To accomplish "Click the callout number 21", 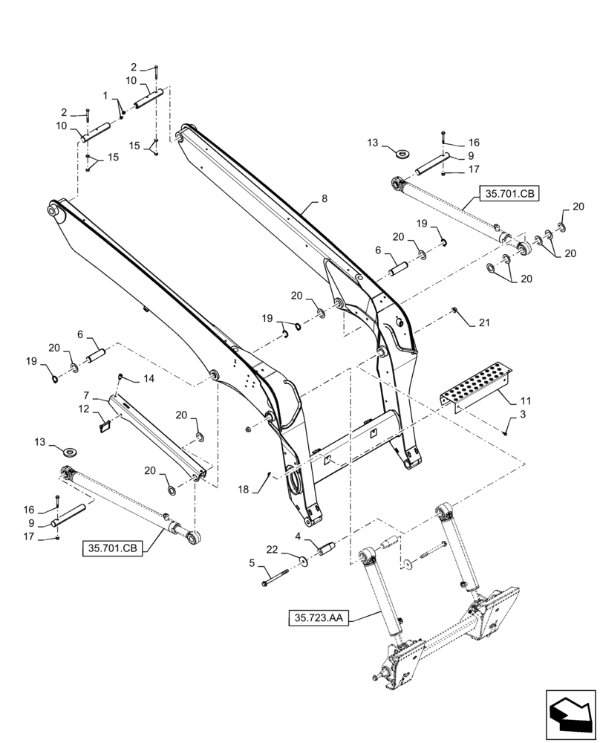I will (x=485, y=322).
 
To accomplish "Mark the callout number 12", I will (x=85, y=409).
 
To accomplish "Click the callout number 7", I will (x=86, y=394).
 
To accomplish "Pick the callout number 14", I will (x=149, y=378).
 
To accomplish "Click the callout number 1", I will (x=105, y=96).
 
